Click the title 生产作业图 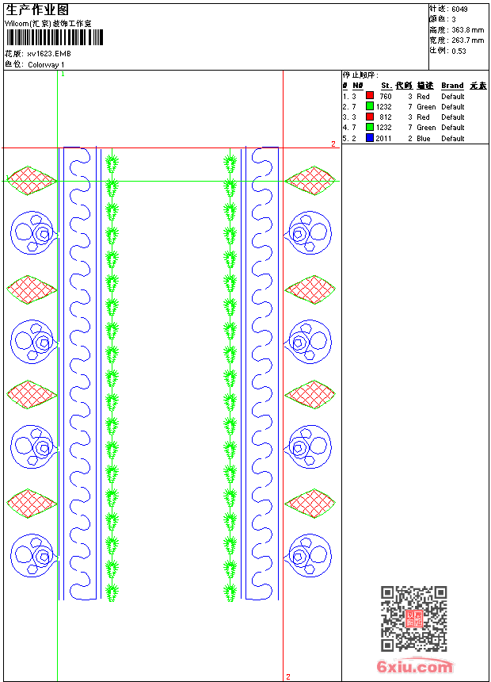[x=37, y=9]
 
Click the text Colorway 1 [x=47, y=65]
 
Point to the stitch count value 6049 [x=459, y=9]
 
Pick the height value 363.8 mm [x=468, y=29]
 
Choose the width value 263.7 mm [x=468, y=40]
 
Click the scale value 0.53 [x=459, y=51]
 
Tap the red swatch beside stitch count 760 [x=370, y=96]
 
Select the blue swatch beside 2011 [x=370, y=138]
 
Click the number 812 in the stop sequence [x=385, y=117]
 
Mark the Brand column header [x=452, y=86]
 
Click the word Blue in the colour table [x=424, y=139]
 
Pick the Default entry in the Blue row [x=453, y=139]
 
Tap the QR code [x=413, y=619]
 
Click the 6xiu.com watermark [x=415, y=668]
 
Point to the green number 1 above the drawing [x=63, y=74]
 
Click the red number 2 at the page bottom [x=288, y=676]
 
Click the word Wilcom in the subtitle [x=17, y=23]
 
